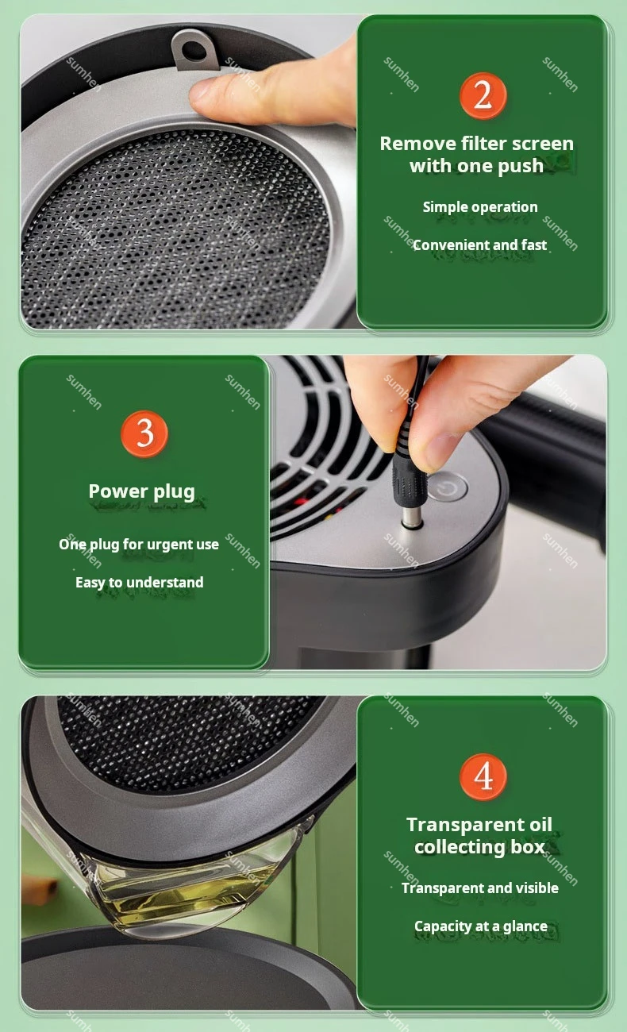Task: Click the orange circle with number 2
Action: [x=483, y=96]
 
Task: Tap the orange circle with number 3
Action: [x=144, y=433]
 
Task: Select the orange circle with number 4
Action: [x=483, y=776]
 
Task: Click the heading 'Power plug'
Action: [x=141, y=491]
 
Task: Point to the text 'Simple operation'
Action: [x=480, y=207]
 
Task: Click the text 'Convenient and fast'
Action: [x=479, y=245]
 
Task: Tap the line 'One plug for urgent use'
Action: [x=139, y=544]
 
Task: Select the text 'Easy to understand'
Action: [x=139, y=582]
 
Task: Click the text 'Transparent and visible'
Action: [x=479, y=888]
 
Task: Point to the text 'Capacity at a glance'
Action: [x=480, y=926]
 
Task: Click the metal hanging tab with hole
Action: [x=194, y=50]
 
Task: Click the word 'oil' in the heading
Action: [x=539, y=824]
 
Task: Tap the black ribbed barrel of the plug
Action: [x=406, y=479]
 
